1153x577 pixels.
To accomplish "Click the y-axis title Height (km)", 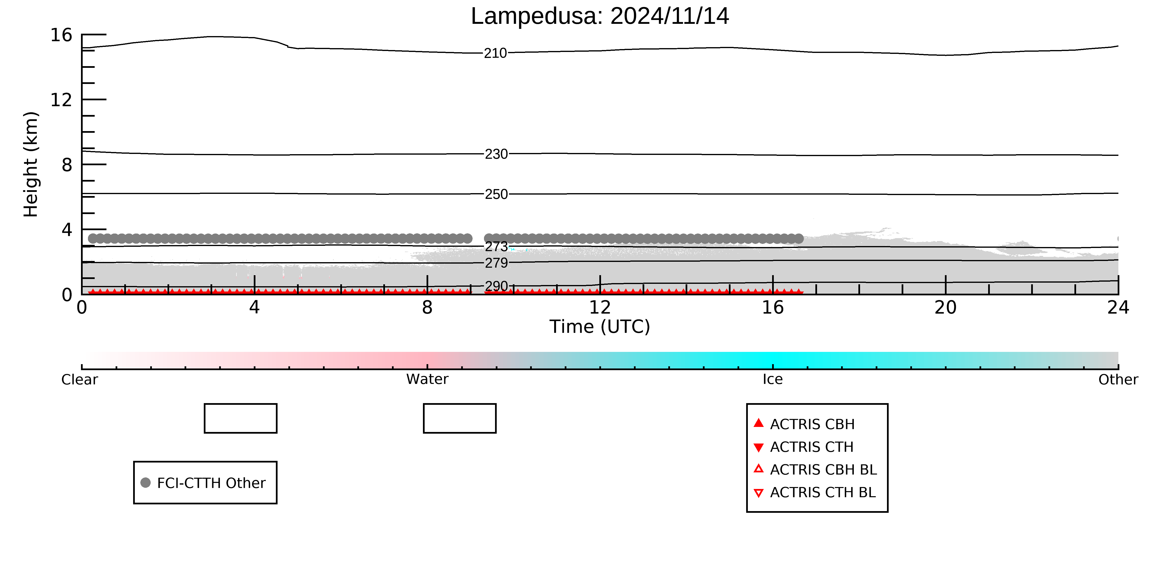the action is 31,165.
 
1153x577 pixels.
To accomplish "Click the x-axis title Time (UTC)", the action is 600,327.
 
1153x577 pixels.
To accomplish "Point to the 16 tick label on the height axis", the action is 61,35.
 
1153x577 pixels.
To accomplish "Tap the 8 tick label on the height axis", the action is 67,165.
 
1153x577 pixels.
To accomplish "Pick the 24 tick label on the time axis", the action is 1118,308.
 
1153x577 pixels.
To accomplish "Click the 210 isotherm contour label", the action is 496,53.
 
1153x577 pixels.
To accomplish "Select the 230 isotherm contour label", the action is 496,154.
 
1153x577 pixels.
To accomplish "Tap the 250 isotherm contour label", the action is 496,194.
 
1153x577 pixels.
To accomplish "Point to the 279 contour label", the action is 496,263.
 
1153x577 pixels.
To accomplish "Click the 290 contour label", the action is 496,286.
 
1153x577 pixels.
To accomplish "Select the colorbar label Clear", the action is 80,380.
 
